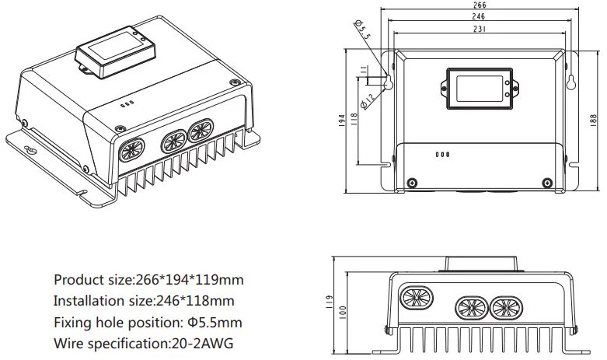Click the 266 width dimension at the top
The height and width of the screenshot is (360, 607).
(480, 5)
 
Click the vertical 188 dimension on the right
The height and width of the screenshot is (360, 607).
(594, 117)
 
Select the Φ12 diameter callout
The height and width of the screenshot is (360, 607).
(366, 99)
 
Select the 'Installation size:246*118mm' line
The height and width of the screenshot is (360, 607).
(143, 300)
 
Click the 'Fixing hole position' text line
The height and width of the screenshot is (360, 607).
(148, 322)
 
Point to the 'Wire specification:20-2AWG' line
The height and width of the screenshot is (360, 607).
(143, 343)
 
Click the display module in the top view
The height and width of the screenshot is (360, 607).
(478, 86)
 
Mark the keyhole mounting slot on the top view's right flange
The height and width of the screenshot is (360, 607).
(572, 83)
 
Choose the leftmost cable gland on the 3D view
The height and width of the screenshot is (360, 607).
(130, 149)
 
